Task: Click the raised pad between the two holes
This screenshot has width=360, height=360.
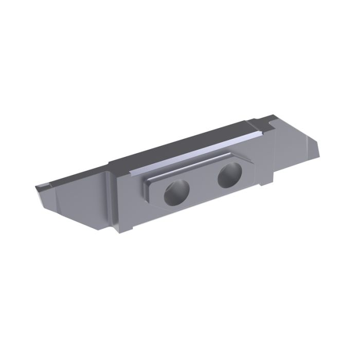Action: [203, 184]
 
